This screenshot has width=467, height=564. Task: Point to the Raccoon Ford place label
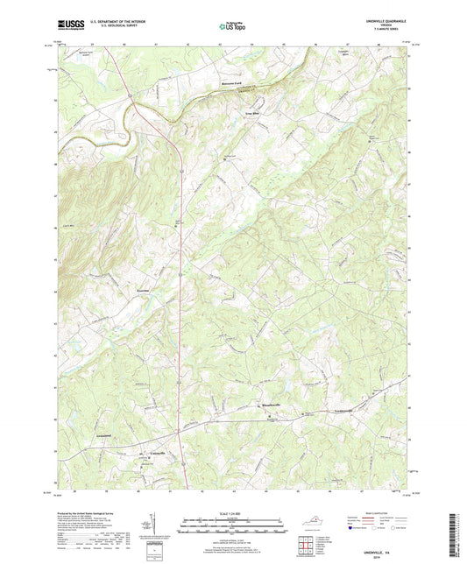coord(230,85)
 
